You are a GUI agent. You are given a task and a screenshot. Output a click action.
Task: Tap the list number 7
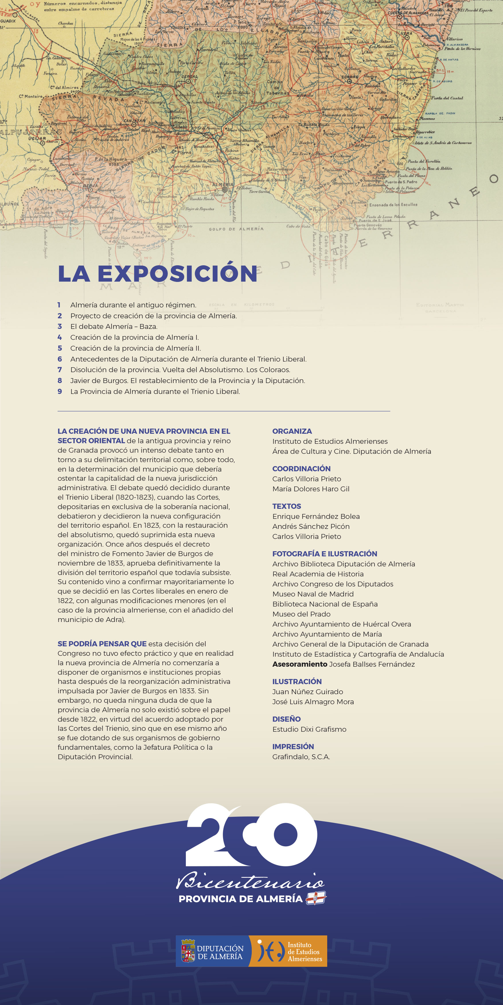coord(60,370)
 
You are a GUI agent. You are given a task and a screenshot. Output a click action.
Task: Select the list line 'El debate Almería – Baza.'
coord(114,327)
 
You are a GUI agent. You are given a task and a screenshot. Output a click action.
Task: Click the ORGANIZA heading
coord(292,431)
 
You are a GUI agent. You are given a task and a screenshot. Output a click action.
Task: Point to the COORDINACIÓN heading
coord(301,469)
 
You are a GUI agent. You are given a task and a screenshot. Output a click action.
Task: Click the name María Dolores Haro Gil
coord(311,489)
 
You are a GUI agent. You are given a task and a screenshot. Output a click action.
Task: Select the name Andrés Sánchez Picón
coord(311,526)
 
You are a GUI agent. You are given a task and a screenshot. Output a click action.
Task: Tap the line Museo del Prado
coord(301,614)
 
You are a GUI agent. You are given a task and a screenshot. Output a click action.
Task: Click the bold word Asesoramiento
coord(300,664)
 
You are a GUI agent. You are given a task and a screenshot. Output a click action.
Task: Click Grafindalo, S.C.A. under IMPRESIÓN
coord(301,757)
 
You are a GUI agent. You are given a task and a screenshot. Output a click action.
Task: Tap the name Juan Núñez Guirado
coord(308,692)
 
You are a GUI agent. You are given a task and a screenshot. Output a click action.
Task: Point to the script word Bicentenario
coord(250,880)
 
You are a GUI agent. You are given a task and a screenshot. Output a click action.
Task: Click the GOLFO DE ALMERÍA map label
coord(236,229)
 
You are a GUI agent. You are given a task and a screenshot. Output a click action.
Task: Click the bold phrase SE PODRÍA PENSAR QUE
coord(102,644)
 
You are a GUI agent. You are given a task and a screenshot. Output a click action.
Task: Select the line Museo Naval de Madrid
coord(313,594)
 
